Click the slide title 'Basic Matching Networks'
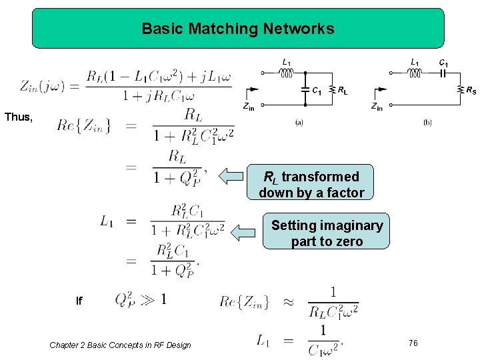pos(238,29)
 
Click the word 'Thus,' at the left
pos(18,117)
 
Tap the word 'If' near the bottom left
pos(79,301)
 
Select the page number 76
pos(413,343)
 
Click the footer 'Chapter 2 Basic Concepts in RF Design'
pos(120,345)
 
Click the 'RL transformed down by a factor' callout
pos(311,185)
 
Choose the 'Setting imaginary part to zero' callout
pos(327,233)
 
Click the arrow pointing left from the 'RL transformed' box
pos(232,177)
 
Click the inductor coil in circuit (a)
pos(287,73)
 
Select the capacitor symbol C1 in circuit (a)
pos(305,89)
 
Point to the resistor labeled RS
pos(459,89)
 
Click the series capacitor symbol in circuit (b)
pos(443,73)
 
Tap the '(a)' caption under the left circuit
pos(299,123)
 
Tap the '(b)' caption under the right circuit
pos(427,123)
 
